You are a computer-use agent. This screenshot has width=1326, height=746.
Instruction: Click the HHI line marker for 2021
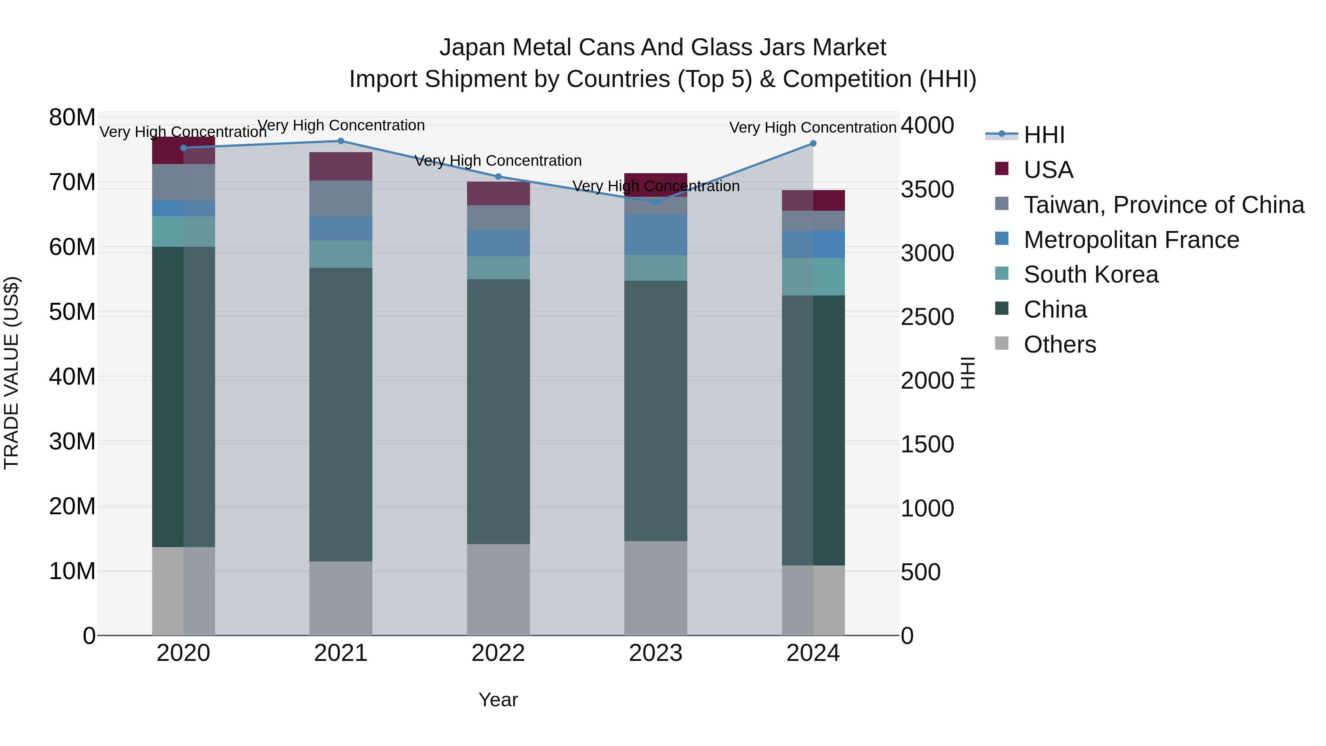click(340, 141)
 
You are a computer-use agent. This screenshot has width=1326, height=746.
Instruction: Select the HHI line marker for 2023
click(655, 202)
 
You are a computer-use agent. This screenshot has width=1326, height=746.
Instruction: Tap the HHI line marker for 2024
click(813, 144)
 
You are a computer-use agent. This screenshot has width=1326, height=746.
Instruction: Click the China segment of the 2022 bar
click(498, 412)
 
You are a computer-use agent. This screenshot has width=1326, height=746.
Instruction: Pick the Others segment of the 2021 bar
click(340, 598)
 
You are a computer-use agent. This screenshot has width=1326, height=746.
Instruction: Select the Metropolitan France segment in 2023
click(655, 235)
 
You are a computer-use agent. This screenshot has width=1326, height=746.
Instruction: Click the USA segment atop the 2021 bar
click(340, 166)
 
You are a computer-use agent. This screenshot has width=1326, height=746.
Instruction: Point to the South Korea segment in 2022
click(498, 268)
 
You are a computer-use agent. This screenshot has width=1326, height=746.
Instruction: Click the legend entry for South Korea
click(1090, 275)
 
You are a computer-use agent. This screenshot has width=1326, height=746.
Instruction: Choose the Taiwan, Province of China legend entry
click(1163, 205)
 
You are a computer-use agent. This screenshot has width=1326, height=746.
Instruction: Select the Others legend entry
click(1059, 344)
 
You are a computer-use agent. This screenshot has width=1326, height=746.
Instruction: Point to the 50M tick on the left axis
click(72, 312)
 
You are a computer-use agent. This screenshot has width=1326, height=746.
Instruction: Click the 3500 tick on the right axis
click(927, 189)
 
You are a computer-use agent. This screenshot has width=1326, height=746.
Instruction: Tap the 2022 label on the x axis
click(498, 653)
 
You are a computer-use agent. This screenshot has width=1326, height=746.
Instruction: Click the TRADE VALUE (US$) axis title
click(11, 373)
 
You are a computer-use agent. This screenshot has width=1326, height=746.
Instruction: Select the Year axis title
click(498, 700)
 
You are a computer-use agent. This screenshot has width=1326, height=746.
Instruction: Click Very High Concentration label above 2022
click(498, 161)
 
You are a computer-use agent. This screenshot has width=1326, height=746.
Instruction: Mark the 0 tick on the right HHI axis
click(908, 636)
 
